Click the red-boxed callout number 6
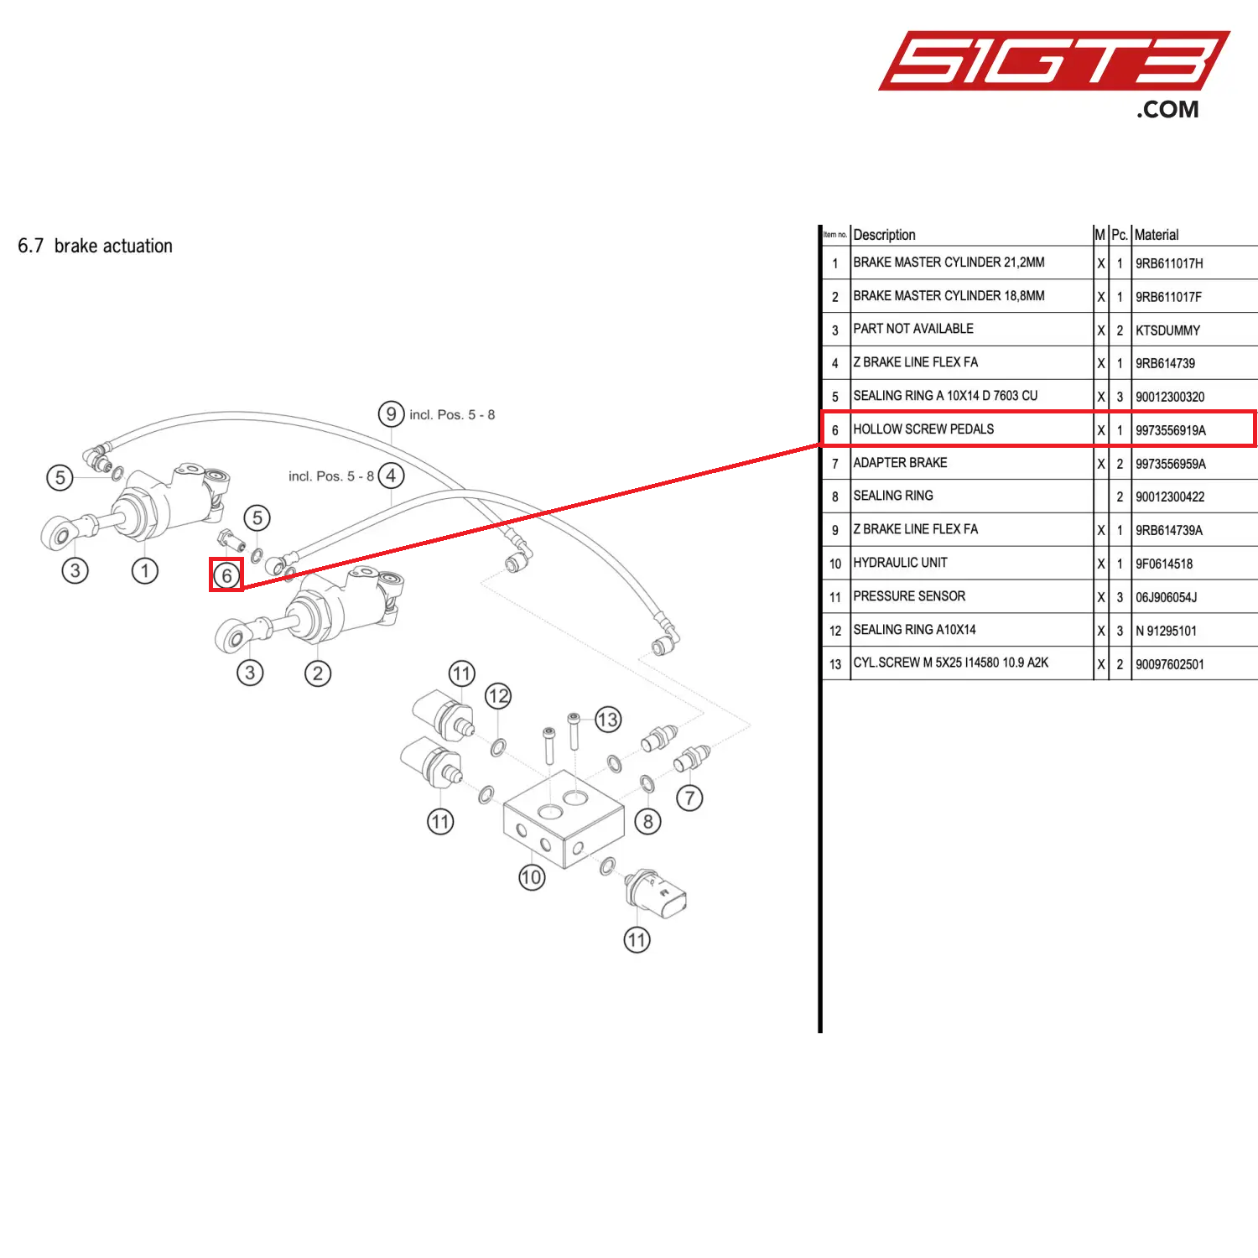(x=226, y=575)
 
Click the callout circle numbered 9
(x=391, y=413)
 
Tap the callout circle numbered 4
(x=391, y=476)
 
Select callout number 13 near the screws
(x=607, y=719)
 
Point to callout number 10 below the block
(x=531, y=877)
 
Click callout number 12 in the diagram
(x=498, y=695)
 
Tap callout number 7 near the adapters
(x=689, y=798)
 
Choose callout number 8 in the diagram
(x=647, y=821)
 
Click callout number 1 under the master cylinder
(x=144, y=571)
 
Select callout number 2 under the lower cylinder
(x=317, y=673)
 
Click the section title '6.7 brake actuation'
(x=95, y=246)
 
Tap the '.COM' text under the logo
(x=1167, y=109)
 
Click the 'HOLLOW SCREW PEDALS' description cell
(x=923, y=429)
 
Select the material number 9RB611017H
(x=1169, y=263)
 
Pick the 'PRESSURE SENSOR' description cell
(x=909, y=596)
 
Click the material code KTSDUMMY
(x=1167, y=330)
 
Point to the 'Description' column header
(x=884, y=235)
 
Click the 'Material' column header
(x=1156, y=235)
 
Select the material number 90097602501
(x=1169, y=664)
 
